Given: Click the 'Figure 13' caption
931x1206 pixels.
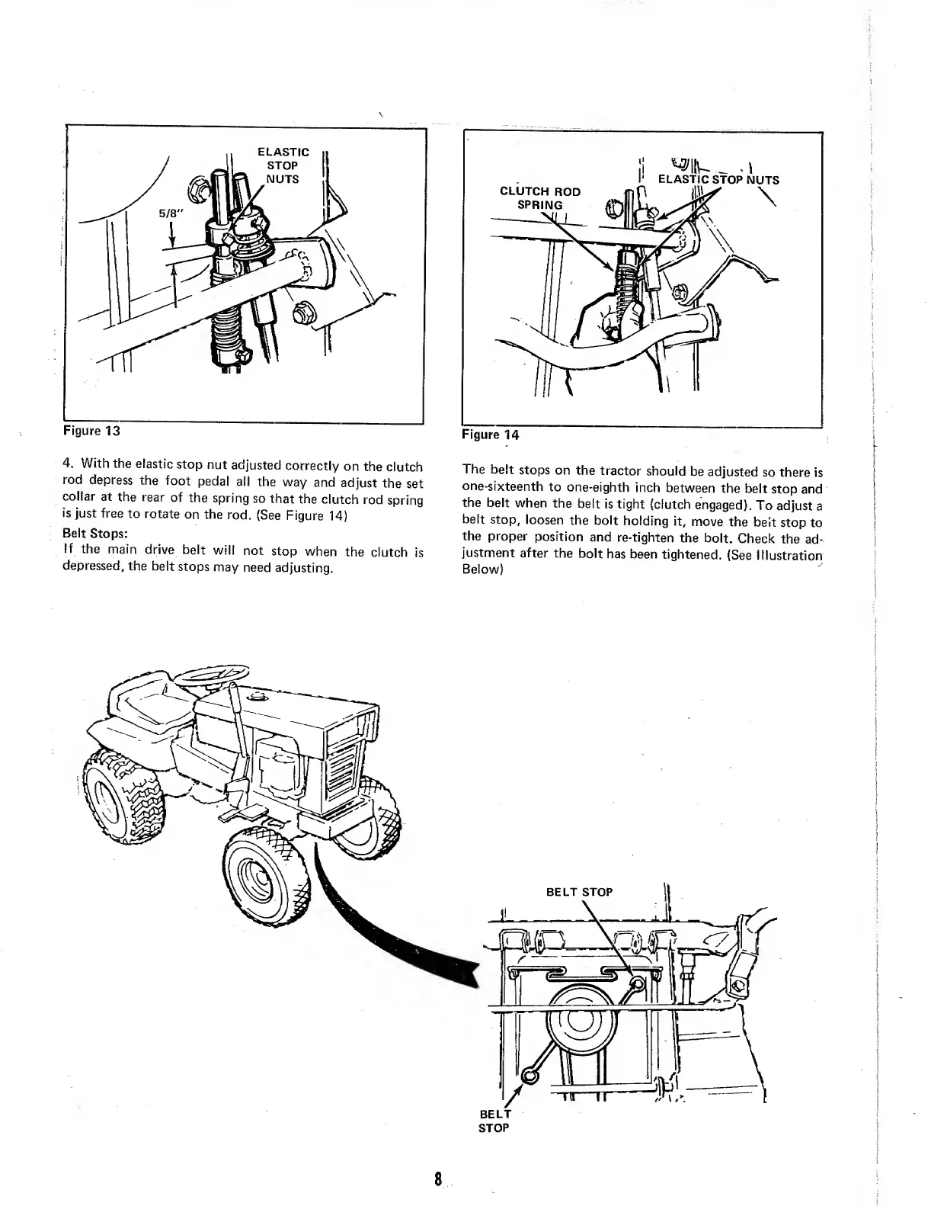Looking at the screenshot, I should pos(91,431).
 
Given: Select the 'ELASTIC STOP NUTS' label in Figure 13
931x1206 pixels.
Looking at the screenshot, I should pos(283,165).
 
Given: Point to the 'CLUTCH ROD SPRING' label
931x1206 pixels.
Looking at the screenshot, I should pos(539,198).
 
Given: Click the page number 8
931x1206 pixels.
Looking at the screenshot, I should pos(439,1179).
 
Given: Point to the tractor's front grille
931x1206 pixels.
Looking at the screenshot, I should pos(341,770).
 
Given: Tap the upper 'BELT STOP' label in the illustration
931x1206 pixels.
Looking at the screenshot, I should pos(580,892).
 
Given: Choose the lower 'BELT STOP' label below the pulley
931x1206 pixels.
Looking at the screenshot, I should pos(493,1120).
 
